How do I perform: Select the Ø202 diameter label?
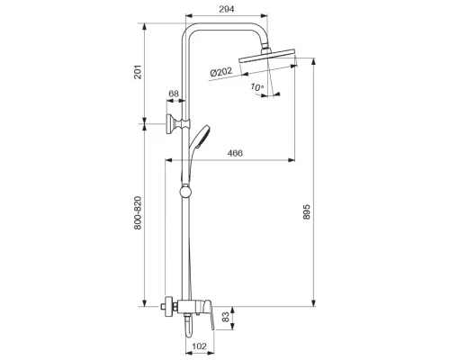[222, 73]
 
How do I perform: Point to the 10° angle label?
[257, 88]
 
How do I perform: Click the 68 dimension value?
[174, 94]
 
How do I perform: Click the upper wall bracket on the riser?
[173, 123]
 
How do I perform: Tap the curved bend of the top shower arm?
[191, 27]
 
